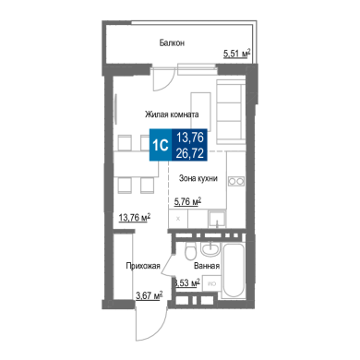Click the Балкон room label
click(172, 42)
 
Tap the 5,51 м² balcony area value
click(236, 54)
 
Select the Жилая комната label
click(172, 114)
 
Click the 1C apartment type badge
click(161, 145)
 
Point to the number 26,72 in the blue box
click(190, 153)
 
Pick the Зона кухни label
click(198, 178)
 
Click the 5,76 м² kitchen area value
click(187, 201)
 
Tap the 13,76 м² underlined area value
click(135, 217)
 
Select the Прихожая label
click(143, 266)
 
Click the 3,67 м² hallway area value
click(150, 295)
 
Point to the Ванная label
click(207, 266)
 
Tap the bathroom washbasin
click(210, 248)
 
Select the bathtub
click(234, 270)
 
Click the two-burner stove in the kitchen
click(236, 181)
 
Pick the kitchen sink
click(217, 219)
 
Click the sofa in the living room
click(231, 112)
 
